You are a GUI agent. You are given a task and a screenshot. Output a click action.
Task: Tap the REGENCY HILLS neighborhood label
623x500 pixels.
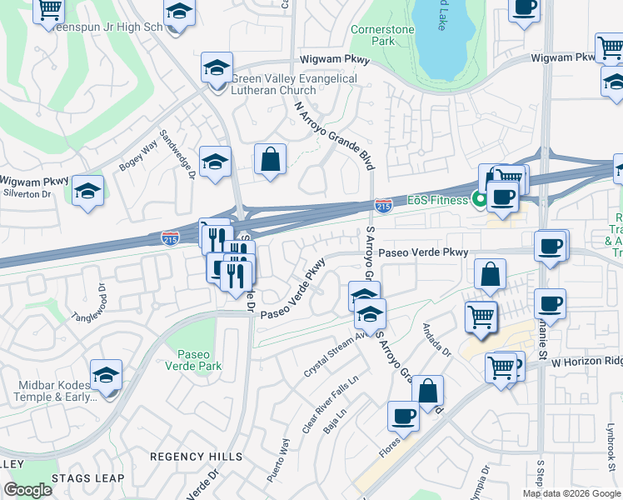click(196, 457)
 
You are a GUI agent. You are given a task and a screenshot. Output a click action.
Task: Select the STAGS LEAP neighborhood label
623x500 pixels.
click(87, 478)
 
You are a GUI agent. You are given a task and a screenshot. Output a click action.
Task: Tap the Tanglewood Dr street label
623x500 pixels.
click(95, 305)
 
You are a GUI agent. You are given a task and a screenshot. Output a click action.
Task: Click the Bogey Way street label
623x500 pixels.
click(139, 156)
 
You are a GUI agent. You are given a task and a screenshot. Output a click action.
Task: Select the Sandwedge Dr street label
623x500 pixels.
click(177, 158)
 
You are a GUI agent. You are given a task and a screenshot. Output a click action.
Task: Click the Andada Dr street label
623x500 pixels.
click(436, 341)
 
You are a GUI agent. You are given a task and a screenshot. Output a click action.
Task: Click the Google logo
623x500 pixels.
click(27, 490)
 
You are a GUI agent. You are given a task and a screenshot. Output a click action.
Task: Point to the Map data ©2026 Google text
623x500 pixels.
click(571, 493)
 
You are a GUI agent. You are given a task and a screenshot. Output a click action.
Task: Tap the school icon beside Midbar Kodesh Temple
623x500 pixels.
click(107, 376)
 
